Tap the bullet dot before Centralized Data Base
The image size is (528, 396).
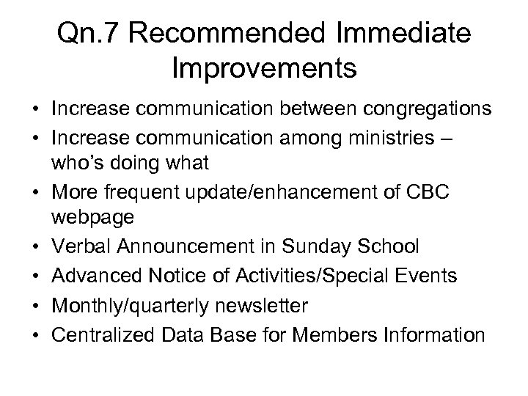(36, 335)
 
